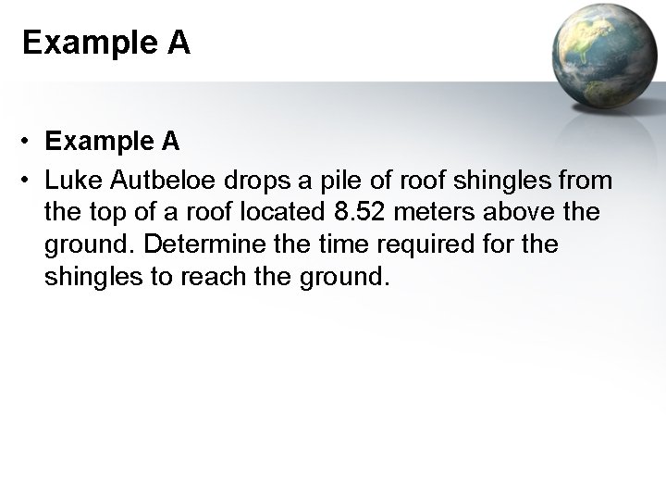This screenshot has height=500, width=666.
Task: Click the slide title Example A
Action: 105,44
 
